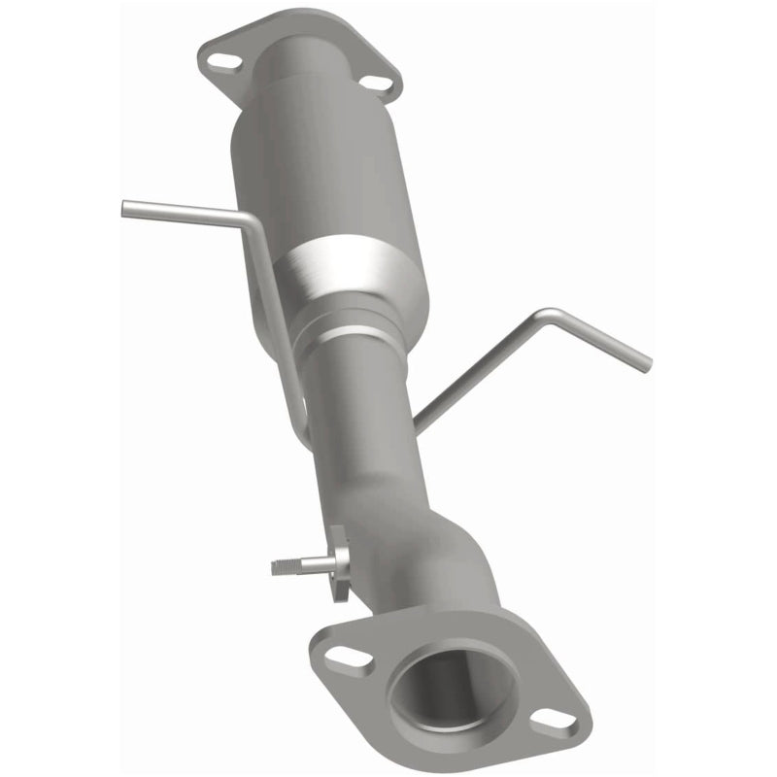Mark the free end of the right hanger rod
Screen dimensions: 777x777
[x=645, y=365]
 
